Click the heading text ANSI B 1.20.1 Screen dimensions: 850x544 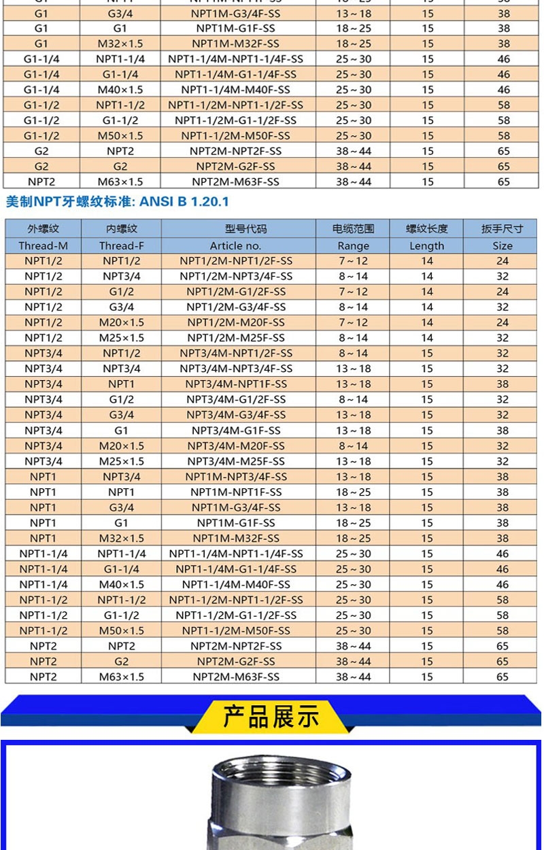click(x=184, y=201)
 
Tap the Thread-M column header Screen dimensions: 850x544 click(x=43, y=245)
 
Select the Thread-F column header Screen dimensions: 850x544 click(x=121, y=245)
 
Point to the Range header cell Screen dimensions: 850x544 click(x=353, y=245)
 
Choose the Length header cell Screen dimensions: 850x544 click(x=426, y=245)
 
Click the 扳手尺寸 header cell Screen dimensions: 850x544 click(x=502, y=228)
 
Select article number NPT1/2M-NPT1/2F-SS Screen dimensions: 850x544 click(x=236, y=261)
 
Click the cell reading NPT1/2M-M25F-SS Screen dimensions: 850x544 click(x=236, y=338)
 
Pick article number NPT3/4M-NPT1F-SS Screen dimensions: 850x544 click(x=236, y=384)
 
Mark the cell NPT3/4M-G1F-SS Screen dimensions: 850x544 click(x=236, y=430)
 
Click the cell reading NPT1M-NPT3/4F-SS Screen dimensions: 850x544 click(x=236, y=477)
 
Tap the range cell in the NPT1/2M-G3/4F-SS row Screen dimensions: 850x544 click(x=353, y=307)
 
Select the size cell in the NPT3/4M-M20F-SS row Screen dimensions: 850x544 click(x=502, y=446)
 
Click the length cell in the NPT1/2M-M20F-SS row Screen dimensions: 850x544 click(x=426, y=322)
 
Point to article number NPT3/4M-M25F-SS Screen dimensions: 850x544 click(x=236, y=461)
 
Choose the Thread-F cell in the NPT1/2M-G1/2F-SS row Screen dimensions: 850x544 click(x=121, y=292)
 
